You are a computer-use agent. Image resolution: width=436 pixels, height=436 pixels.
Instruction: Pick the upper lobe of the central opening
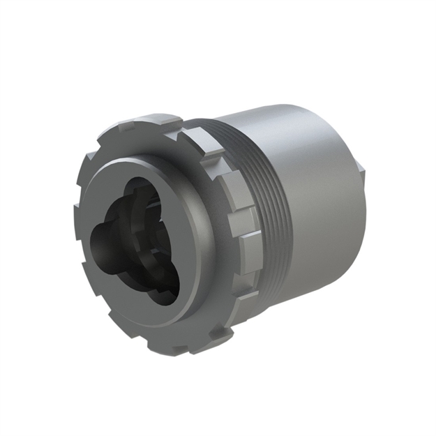(x=143, y=195)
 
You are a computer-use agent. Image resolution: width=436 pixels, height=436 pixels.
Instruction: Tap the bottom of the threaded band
(x=279, y=293)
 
